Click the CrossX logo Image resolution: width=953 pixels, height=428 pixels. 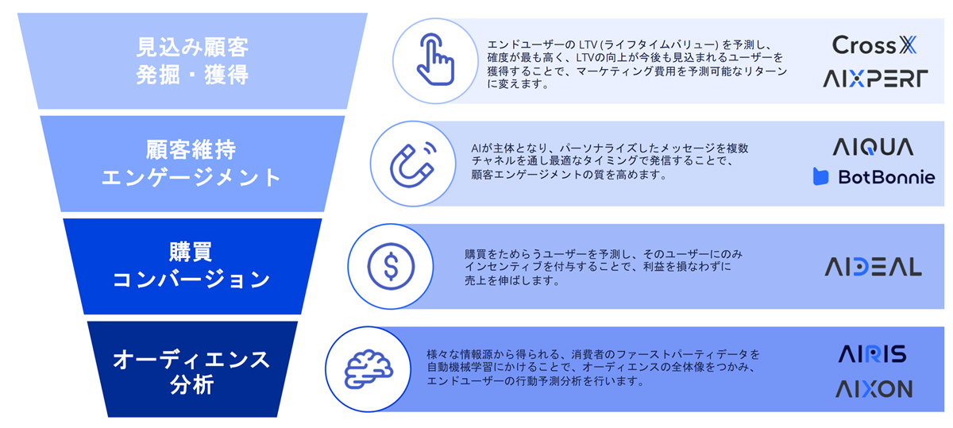coord(874,44)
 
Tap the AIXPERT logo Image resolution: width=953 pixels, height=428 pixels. coord(875,79)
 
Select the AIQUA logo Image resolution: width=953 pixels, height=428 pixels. coord(873,147)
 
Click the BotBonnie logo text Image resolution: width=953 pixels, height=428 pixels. coord(886,177)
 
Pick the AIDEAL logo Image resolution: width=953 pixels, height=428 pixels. coord(873,267)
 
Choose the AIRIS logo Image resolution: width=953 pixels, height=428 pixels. coord(872,354)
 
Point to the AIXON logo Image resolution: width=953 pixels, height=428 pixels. coord(874,389)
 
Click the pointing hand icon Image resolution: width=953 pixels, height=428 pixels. coord(435,60)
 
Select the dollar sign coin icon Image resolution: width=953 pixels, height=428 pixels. coord(391,266)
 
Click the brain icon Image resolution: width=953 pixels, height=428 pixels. coord(368,369)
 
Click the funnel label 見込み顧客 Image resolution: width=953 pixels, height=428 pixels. coord(192,47)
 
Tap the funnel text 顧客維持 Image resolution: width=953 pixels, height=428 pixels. coord(191,150)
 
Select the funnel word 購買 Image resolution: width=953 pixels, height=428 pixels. coord(191,252)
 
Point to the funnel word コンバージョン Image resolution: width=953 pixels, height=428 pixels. coord(191,280)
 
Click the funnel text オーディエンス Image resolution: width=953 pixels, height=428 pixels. coord(191,360)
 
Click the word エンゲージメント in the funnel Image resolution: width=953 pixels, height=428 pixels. coord(191,177)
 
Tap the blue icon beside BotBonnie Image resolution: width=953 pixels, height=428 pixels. coord(820,176)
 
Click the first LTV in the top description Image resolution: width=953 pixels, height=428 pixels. coord(588,44)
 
